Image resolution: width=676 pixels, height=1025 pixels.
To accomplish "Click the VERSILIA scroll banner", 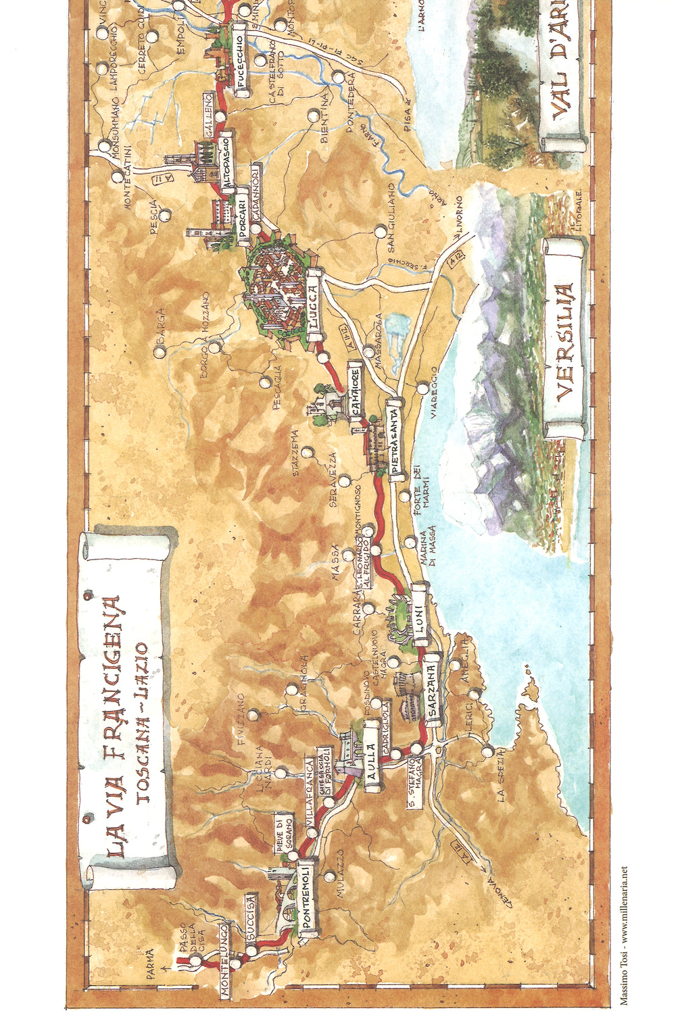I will (565, 340).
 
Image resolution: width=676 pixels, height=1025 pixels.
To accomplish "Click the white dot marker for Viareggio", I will (422, 389).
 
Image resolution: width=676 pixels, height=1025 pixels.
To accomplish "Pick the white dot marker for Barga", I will (160, 351).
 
